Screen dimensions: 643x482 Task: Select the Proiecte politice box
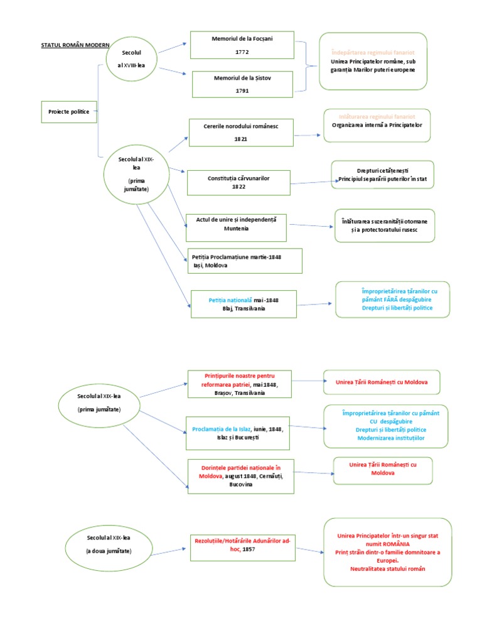point(69,111)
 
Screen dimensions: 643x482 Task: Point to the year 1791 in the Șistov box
point(242,90)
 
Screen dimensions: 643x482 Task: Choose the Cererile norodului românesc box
point(241,132)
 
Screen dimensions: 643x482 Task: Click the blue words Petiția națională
point(230,300)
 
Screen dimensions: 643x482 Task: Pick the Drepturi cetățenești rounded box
point(383,175)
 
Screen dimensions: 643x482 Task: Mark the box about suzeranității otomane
point(384,225)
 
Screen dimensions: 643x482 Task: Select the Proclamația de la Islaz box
point(239,433)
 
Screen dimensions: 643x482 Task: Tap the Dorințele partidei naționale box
point(240,476)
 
